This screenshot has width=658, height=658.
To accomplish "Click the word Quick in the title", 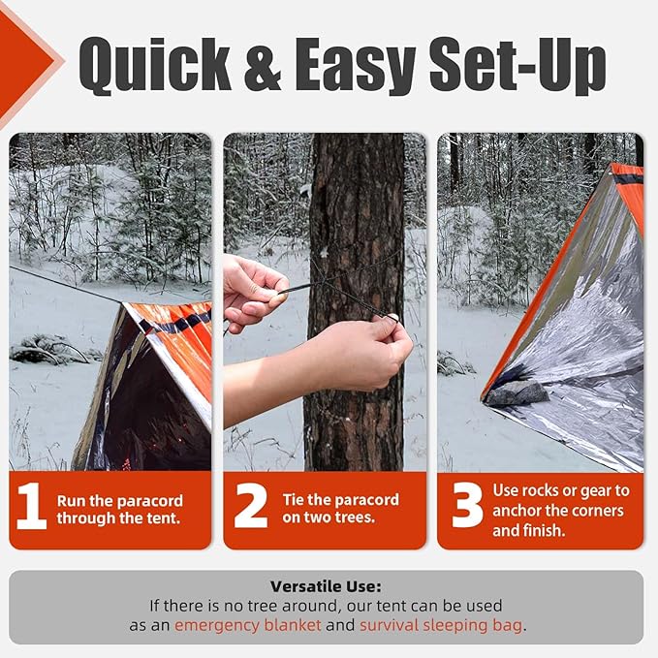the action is [x=155, y=65].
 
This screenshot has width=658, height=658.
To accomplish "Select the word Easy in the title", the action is [x=355, y=66].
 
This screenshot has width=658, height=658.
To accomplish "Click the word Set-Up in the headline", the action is [x=517, y=65].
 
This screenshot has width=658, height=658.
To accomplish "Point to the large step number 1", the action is [x=32, y=506].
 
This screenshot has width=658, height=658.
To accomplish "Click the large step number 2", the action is [x=251, y=505].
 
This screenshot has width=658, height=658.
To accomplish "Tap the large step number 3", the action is [x=467, y=505].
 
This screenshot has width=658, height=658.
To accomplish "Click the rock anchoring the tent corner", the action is [x=517, y=393].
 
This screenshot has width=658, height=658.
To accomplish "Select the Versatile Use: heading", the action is [x=326, y=586].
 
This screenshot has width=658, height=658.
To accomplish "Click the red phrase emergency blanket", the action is [x=247, y=625].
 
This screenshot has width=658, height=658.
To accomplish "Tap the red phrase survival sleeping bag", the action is [x=441, y=625].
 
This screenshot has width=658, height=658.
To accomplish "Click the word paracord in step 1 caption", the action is [x=149, y=501].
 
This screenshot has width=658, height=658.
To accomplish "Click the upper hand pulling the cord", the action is [x=254, y=291].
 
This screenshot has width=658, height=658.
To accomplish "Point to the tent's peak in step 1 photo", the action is [x=123, y=303].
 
